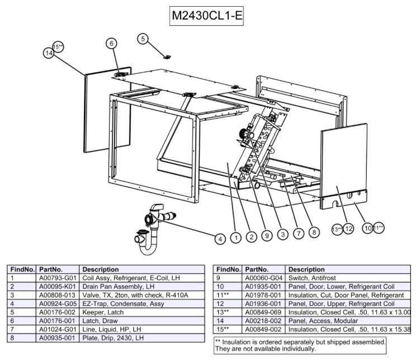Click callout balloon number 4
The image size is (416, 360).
coord(221,238)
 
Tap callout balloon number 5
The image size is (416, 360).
coord(143,39)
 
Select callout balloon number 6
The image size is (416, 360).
coord(111,43)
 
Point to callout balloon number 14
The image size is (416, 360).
coord(49,53)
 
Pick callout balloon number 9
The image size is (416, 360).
coord(267,236)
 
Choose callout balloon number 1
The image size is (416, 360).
coord(237,238)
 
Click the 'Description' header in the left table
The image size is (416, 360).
coord(100,269)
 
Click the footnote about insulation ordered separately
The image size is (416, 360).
coord(300,344)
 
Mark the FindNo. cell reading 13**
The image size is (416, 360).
coord(227,311)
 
